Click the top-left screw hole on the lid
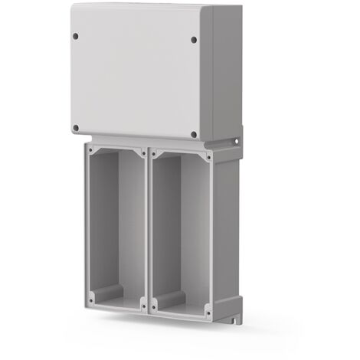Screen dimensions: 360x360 [x=76, y=34]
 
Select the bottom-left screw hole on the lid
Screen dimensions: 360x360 [x=76, y=128]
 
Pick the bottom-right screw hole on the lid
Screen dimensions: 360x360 [x=193, y=135]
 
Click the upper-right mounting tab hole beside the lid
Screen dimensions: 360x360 [x=237, y=142]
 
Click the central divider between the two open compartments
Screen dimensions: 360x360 [x=147, y=230]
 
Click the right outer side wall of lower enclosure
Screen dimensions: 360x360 [x=224, y=230]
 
